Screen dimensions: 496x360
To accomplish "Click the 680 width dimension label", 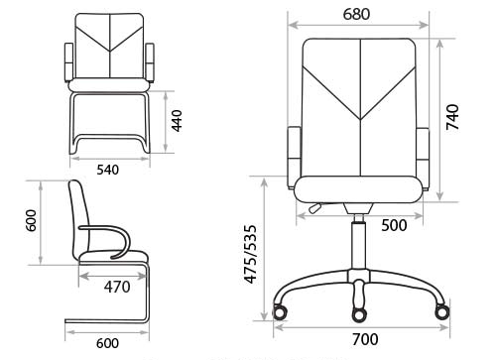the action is point(356,14).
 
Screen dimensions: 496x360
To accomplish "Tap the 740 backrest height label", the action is point(452,117).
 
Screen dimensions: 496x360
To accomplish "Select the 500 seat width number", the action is point(394,225).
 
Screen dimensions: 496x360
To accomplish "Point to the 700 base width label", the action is point(365,339).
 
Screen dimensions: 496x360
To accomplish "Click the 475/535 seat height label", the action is point(250,254).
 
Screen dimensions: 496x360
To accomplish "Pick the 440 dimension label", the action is point(177,121).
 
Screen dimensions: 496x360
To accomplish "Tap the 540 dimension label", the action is point(107,170).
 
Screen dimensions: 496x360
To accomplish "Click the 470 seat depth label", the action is point(117,287).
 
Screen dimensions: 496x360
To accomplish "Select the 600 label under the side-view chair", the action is point(107,343).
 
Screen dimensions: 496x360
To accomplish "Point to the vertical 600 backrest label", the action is point(31,220).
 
